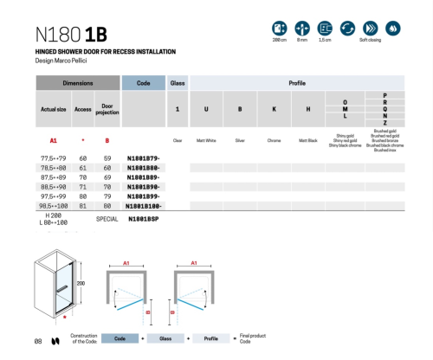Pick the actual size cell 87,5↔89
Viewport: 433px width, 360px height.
pyautogui.click(x=55, y=177)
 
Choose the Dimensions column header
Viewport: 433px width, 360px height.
pyautogui.click(x=77, y=83)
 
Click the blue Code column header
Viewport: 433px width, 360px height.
pyautogui.click(x=144, y=83)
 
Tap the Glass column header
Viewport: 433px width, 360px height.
pyautogui.click(x=178, y=83)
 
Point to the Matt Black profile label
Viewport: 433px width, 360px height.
pyautogui.click(x=309, y=139)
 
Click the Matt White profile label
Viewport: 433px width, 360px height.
pyautogui.click(x=206, y=139)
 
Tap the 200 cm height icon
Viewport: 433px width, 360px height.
pyautogui.click(x=280, y=29)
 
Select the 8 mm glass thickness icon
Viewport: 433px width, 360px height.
pyautogui.click(x=302, y=29)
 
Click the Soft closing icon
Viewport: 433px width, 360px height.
pyautogui.click(x=372, y=29)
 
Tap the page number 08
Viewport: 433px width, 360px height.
pyautogui.click(x=38, y=341)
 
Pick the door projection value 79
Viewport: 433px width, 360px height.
pyautogui.click(x=108, y=196)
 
